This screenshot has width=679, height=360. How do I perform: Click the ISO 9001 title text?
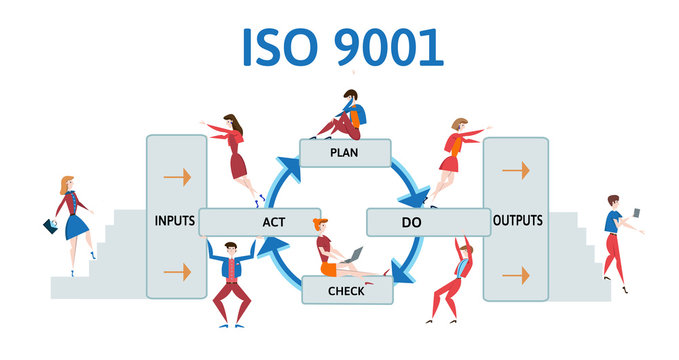(x=342, y=47)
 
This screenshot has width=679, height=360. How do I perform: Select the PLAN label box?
(x=345, y=153)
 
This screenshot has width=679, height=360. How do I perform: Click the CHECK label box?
(x=346, y=290)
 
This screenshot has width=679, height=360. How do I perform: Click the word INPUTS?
(x=176, y=219)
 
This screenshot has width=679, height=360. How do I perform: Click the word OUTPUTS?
(x=517, y=219)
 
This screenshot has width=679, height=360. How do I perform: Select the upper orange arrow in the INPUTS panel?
(x=176, y=177)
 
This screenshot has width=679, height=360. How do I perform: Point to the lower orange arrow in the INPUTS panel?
(x=176, y=271)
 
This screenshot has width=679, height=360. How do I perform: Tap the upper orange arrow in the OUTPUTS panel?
(x=516, y=170)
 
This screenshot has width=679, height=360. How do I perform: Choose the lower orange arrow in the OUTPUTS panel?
(x=516, y=274)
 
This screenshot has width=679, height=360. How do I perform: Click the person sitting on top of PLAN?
(x=342, y=116)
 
